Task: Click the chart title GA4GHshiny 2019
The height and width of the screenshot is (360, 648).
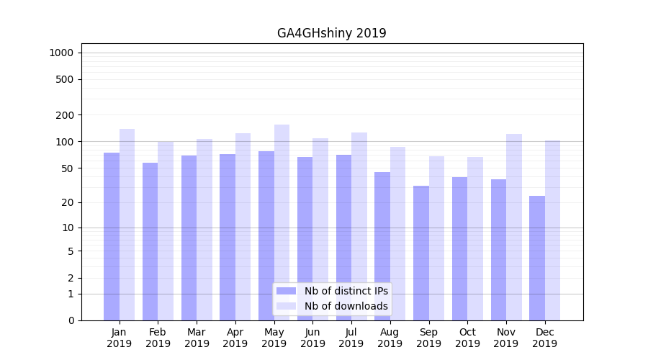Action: point(331,33)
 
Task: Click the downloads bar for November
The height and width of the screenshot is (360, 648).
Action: point(513,227)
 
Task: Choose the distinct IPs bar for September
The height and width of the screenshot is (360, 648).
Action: point(421,253)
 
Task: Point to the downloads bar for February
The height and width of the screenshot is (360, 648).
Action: point(166,230)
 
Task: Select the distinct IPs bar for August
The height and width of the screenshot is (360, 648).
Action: point(382,246)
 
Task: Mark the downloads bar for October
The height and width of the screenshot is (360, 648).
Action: point(475,238)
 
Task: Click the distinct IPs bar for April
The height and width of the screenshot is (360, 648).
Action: point(228,237)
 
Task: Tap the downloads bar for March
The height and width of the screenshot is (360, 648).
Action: point(204,230)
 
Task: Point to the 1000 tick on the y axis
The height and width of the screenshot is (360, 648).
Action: point(61,53)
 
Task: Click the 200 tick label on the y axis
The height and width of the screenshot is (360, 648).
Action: point(66,115)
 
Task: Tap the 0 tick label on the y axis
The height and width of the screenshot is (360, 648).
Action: point(71,320)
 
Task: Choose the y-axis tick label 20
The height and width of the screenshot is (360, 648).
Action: point(68,202)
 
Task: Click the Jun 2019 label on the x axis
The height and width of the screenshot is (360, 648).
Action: point(312,338)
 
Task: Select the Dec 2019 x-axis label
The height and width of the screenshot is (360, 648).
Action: point(544,338)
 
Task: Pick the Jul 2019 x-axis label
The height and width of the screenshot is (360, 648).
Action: point(351,338)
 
